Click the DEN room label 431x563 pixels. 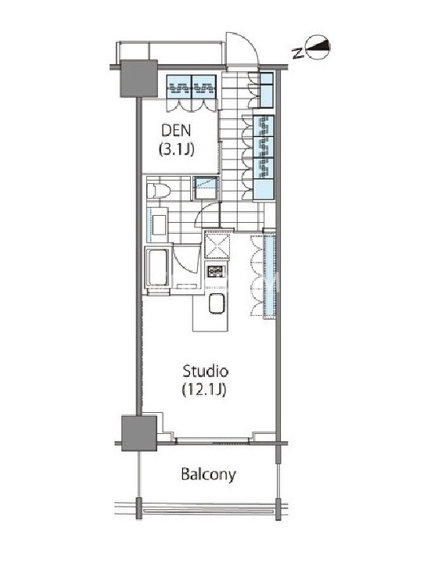click(176, 131)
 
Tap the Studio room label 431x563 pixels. click(206, 371)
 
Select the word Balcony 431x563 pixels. click(208, 475)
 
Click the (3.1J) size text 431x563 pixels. click(176, 149)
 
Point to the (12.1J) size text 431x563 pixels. click(204, 389)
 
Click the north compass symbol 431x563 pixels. click(318, 47)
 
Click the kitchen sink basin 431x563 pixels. click(217, 303)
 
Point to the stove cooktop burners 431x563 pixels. click(216, 271)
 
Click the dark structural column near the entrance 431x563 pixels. click(138, 79)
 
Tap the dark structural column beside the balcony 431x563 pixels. click(139, 433)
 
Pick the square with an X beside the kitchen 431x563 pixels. click(217, 245)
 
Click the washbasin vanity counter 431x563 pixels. click(157, 225)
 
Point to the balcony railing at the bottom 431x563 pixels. click(207, 510)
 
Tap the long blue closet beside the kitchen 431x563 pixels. click(269, 274)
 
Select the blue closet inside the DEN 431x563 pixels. click(192, 87)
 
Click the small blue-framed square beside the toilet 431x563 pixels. click(206, 188)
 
